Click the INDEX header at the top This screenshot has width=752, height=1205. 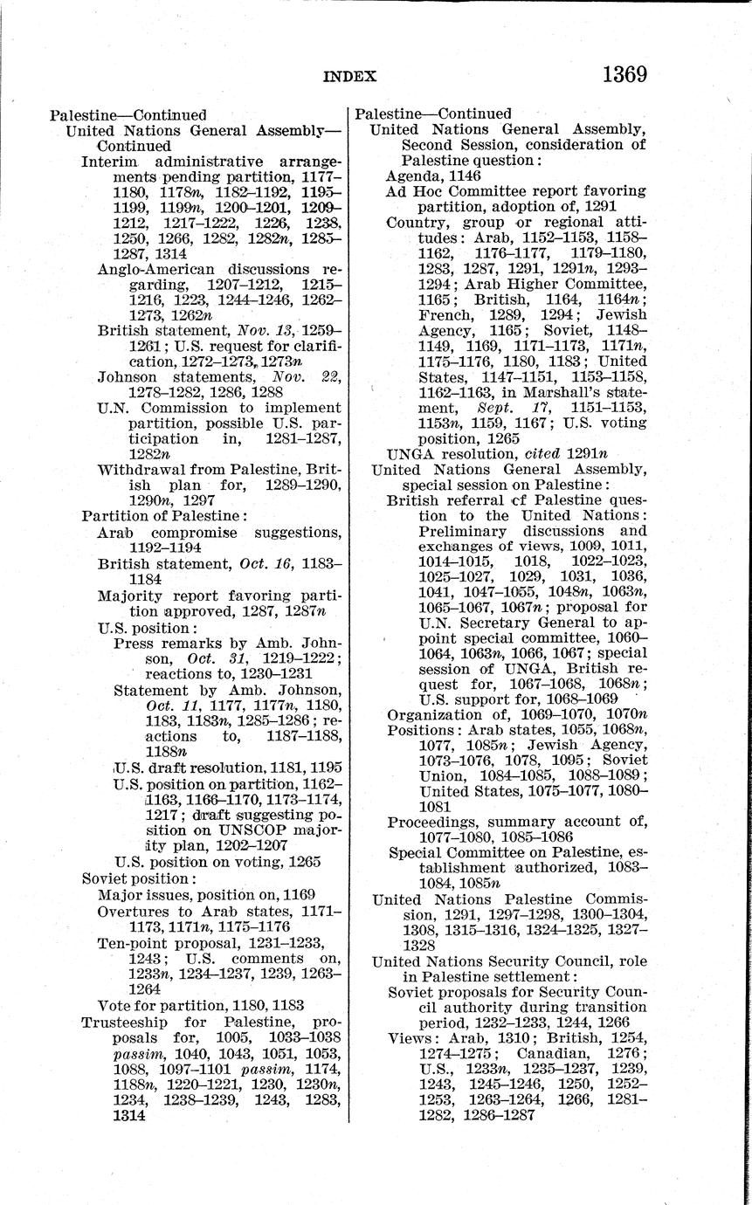pos(349,76)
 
